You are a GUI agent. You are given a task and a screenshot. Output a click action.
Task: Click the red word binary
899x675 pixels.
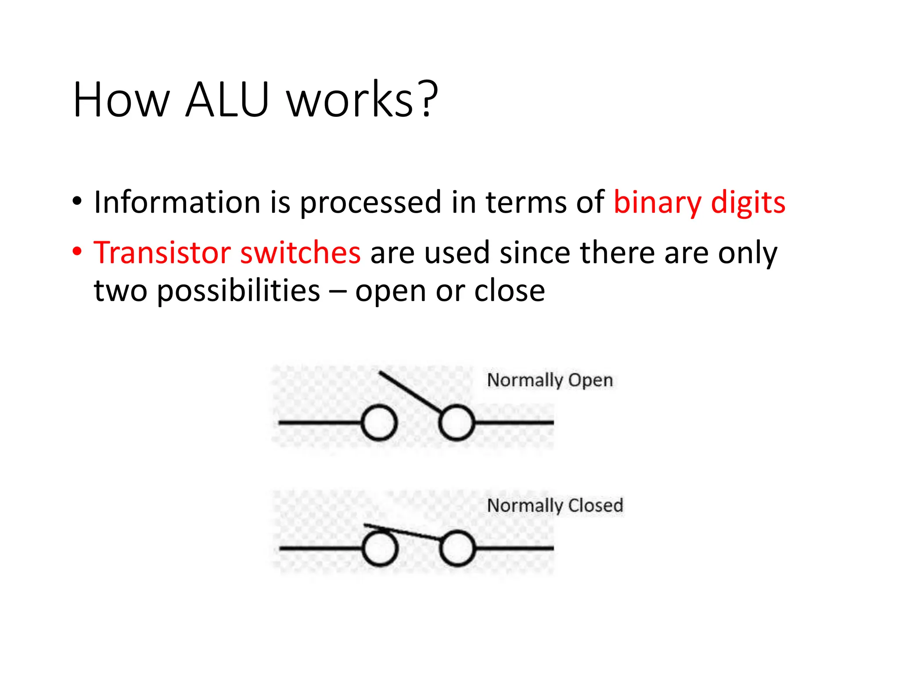[658, 203]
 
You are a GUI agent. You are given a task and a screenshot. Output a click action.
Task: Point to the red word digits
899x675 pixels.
[748, 203]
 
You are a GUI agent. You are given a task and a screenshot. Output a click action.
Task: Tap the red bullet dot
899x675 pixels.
[77, 252]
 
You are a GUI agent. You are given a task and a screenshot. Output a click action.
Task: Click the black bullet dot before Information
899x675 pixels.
[77, 202]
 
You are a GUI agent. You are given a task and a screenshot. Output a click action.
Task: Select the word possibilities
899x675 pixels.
[239, 292]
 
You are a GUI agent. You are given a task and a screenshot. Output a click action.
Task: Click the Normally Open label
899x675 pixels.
[550, 380]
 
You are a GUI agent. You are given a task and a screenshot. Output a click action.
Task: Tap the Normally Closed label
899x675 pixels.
[555, 505]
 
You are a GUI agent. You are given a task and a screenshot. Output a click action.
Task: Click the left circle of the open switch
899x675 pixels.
[380, 423]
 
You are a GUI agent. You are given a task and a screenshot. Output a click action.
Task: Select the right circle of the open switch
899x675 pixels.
[457, 423]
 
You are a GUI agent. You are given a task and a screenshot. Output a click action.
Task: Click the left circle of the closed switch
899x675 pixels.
[380, 548]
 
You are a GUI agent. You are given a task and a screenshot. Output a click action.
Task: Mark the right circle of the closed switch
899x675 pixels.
[457, 548]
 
